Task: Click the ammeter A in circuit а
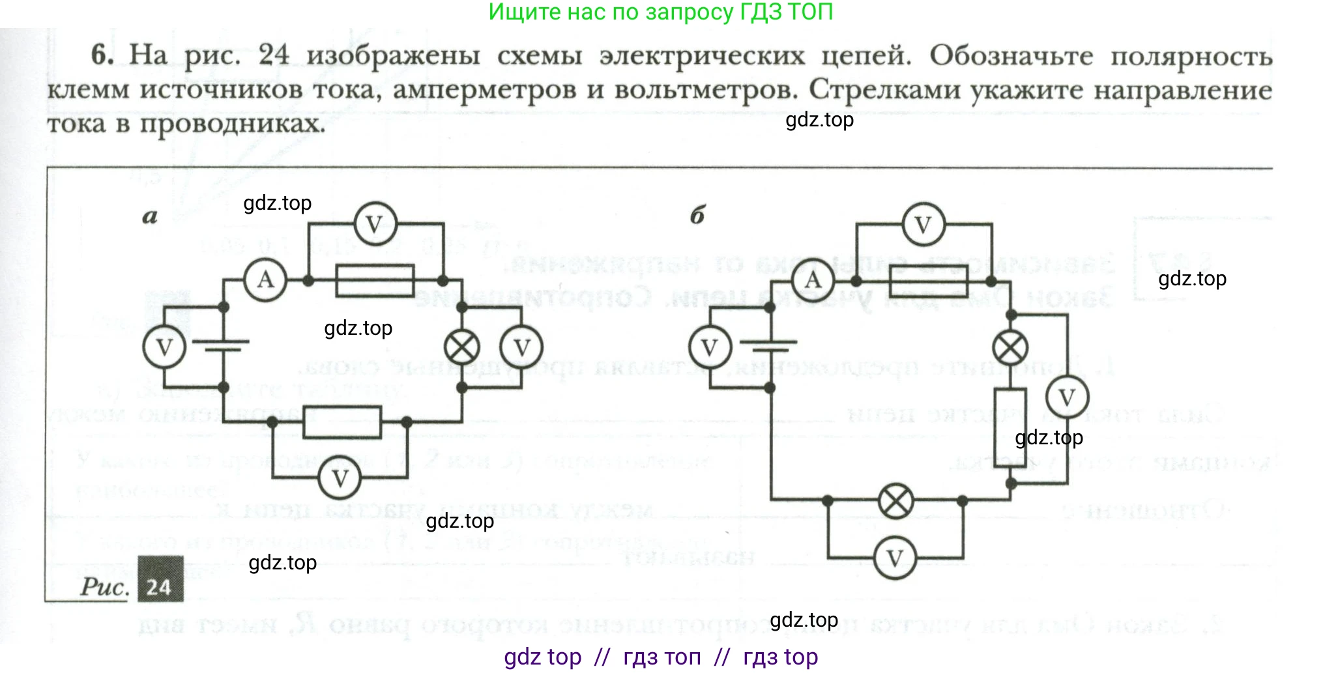pyautogui.click(x=265, y=280)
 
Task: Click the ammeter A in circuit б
pyautogui.click(x=813, y=280)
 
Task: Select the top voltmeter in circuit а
pyautogui.click(x=374, y=225)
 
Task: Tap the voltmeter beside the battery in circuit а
pyautogui.click(x=164, y=347)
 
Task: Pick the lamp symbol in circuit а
pyautogui.click(x=461, y=347)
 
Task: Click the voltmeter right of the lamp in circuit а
pyautogui.click(x=521, y=347)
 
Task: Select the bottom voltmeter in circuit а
pyautogui.click(x=340, y=479)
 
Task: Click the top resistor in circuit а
pyautogui.click(x=374, y=281)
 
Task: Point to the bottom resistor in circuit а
pyautogui.click(x=342, y=422)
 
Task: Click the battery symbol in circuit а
pyautogui.click(x=224, y=346)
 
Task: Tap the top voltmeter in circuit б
pyautogui.click(x=923, y=225)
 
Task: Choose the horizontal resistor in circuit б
pyautogui.click(x=929, y=281)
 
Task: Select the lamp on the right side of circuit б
pyautogui.click(x=1010, y=347)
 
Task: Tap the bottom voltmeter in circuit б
pyautogui.click(x=895, y=558)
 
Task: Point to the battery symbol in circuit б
pyautogui.click(x=770, y=346)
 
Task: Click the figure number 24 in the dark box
pyautogui.click(x=160, y=587)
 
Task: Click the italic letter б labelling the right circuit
pyautogui.click(x=697, y=215)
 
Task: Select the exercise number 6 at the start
pyautogui.click(x=102, y=55)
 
